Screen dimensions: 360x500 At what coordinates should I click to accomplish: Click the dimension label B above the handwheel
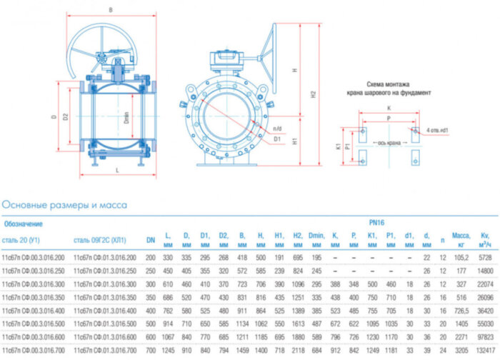[x=111, y=9]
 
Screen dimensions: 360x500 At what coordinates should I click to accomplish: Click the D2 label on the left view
[x=65, y=116]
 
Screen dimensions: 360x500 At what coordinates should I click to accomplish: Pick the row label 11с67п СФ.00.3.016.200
[x=33, y=256]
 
